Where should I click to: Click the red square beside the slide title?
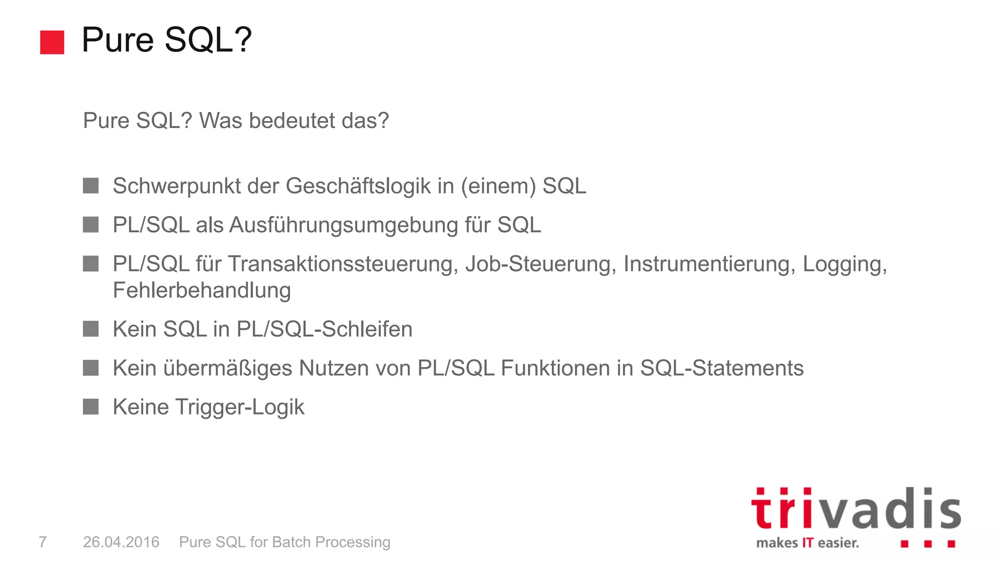tap(52, 42)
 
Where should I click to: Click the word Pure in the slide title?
tap(118, 40)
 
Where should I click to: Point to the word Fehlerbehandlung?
tap(202, 290)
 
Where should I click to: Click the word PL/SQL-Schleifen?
tap(324, 329)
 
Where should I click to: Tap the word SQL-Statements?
tap(722, 368)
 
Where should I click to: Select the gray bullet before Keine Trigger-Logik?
tap(91, 407)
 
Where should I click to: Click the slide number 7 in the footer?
tap(43, 542)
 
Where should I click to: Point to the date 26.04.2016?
tap(121, 542)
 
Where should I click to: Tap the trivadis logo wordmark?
tap(855, 509)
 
